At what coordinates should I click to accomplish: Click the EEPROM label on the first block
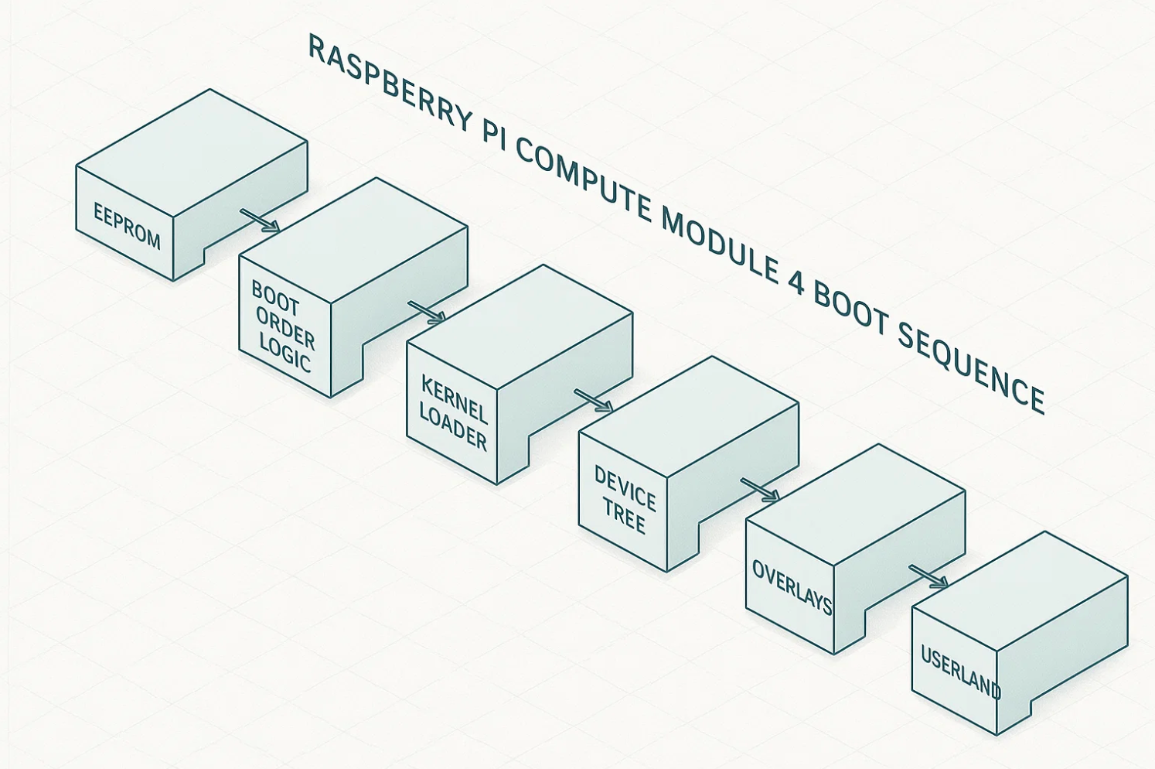tap(127, 226)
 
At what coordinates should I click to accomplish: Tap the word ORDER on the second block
tap(285, 328)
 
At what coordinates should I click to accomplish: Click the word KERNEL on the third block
tap(454, 398)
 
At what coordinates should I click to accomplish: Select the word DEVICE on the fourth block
tap(625, 487)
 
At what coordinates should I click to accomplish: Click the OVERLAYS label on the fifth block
tap(792, 587)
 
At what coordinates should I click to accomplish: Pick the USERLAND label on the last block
tap(960, 670)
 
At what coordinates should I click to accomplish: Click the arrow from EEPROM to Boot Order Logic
tap(260, 220)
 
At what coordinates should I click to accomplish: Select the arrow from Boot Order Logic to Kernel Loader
tap(427, 312)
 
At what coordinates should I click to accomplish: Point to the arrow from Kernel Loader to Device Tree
tap(594, 401)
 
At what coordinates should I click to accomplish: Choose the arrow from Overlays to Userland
tap(928, 577)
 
